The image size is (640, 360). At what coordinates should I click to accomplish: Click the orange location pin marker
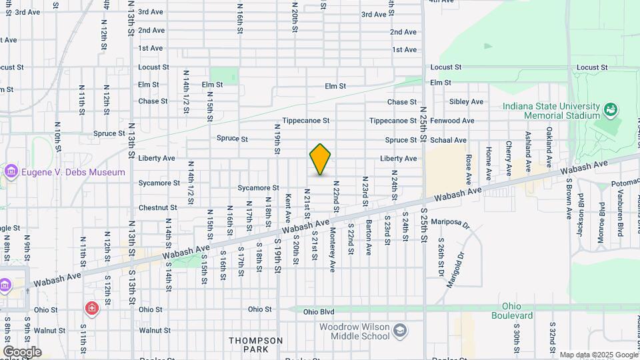(x=321, y=159)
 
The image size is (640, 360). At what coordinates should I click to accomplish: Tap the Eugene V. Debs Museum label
(x=73, y=172)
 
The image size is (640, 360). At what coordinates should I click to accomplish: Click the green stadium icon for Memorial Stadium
(x=610, y=109)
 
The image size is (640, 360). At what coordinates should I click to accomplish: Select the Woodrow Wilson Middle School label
(x=353, y=331)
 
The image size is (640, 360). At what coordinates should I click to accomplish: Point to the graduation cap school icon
(x=399, y=331)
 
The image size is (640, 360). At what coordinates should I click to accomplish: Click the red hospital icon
(x=91, y=309)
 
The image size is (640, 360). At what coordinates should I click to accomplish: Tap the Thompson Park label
(x=256, y=345)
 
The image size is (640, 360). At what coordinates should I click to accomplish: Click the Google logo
(x=22, y=352)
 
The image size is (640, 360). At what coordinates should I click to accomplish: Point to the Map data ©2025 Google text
(x=599, y=355)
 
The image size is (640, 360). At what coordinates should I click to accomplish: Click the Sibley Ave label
(x=466, y=101)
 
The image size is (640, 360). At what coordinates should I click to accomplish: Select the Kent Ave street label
(x=288, y=209)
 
